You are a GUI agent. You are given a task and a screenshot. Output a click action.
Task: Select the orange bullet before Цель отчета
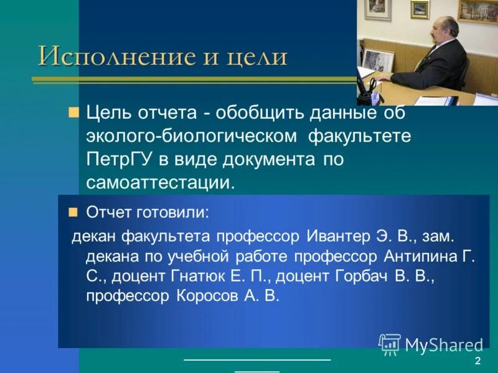point(73,113)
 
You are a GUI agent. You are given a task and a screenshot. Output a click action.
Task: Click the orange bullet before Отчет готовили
point(73,212)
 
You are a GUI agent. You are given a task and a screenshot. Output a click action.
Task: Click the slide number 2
point(477,362)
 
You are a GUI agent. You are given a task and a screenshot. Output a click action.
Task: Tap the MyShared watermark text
point(444,345)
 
